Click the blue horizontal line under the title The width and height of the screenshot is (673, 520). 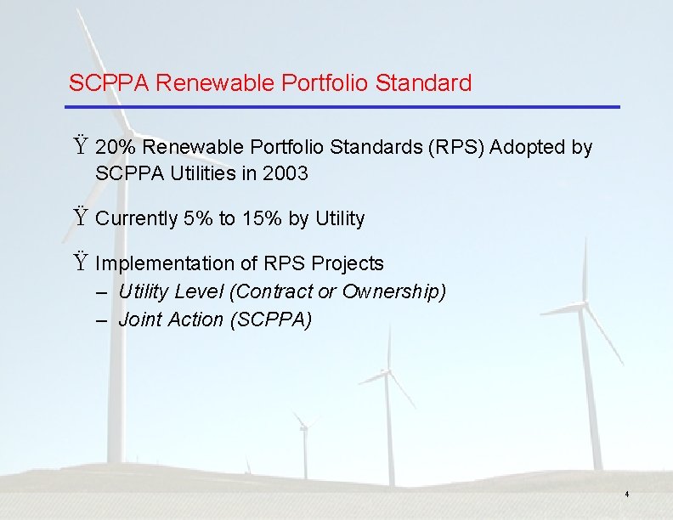pyautogui.click(x=343, y=107)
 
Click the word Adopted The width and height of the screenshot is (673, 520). pyautogui.click(x=529, y=148)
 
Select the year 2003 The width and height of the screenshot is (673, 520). pyautogui.click(x=286, y=174)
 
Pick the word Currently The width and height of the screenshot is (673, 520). pyautogui.click(x=137, y=219)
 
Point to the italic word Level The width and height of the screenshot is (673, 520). pyautogui.click(x=198, y=292)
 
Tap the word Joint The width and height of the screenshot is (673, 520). pyautogui.click(x=138, y=320)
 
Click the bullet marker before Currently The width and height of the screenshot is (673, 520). pyautogui.click(x=80, y=218)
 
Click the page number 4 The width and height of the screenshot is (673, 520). pyautogui.click(x=626, y=494)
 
